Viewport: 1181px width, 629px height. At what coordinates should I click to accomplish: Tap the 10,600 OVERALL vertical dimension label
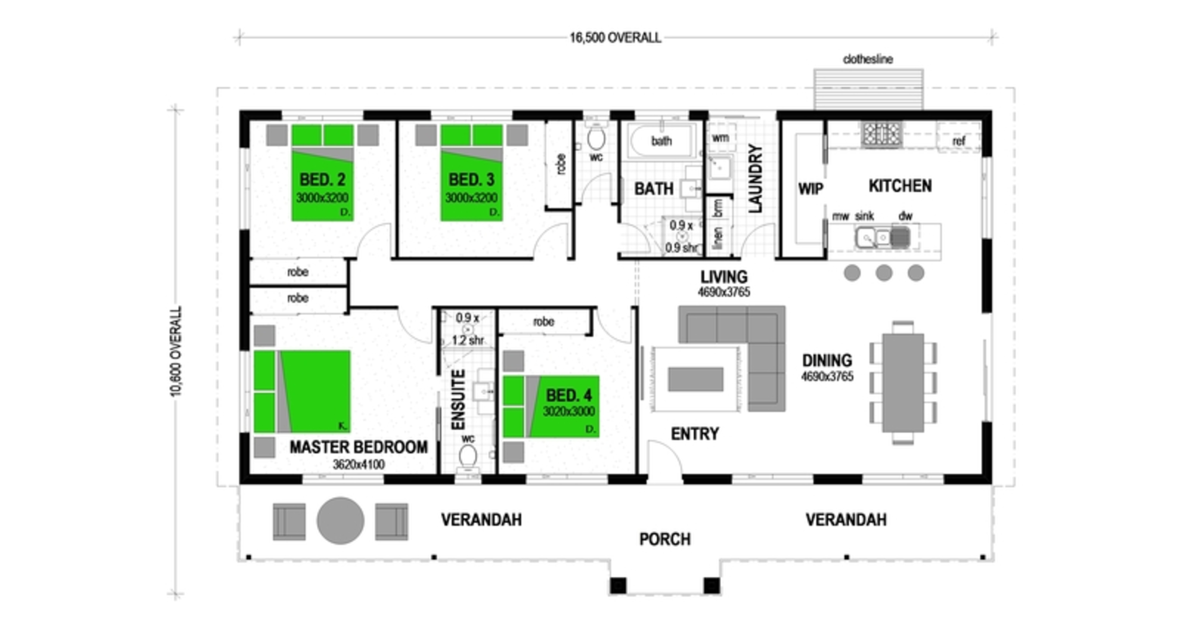pos(176,351)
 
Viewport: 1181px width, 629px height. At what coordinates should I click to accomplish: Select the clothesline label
pos(867,59)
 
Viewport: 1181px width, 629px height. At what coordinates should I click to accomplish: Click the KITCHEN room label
pos(900,186)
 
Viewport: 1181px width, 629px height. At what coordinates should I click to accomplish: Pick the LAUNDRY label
pos(755,178)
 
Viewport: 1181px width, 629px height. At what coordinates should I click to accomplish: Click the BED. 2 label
pos(322,179)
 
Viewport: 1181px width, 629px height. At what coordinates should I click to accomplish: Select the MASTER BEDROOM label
pos(358,447)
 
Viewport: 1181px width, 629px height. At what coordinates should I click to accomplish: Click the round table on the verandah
pos(340,521)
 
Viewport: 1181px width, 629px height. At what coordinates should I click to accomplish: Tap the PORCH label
pos(665,539)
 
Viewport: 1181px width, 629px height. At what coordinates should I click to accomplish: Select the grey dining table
pos(903,383)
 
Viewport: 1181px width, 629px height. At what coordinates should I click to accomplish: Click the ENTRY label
pos(695,434)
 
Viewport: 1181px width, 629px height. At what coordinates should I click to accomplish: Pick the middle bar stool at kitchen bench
pos(884,273)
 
